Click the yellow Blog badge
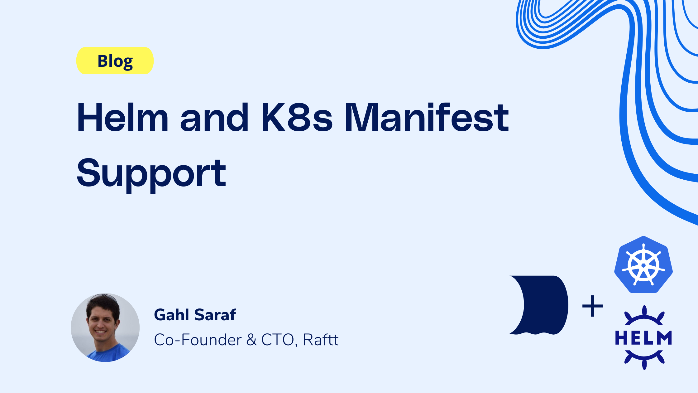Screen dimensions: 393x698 [x=115, y=61]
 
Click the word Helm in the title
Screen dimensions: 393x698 [x=123, y=118]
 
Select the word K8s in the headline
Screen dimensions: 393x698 [x=297, y=118]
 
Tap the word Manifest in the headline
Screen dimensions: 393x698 [x=427, y=118]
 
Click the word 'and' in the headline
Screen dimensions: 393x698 [x=214, y=118]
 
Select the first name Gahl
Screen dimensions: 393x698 [x=172, y=315]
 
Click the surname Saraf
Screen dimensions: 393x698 [x=215, y=315]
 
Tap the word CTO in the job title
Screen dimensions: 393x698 [x=277, y=340]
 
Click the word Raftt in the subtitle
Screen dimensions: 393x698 [x=320, y=340]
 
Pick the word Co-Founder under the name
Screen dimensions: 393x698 [x=198, y=340]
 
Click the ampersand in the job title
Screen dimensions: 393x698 [x=251, y=340]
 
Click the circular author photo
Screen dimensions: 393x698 [x=105, y=327]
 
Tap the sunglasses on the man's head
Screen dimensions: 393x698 [x=104, y=296]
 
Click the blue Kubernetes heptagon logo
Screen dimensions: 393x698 [x=643, y=265]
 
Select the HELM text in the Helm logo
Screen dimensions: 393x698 [x=643, y=338]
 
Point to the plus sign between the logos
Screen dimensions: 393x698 [x=592, y=306]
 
